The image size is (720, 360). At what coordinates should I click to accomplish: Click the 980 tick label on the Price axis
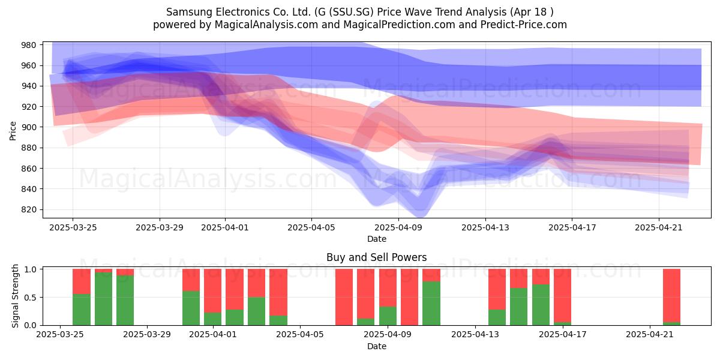pos(28,45)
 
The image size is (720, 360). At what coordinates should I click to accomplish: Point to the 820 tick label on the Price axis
pos(28,209)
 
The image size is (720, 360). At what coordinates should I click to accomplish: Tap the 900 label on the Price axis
pos(28,127)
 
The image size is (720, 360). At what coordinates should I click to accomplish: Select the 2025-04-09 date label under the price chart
pos(398,227)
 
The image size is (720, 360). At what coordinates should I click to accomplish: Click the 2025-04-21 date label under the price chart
pos(659,227)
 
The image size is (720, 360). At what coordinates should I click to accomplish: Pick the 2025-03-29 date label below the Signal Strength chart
pos(147,335)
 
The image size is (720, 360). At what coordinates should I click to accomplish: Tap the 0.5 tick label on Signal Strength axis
pos(30,298)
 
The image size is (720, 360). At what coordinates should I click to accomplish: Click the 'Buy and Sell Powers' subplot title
pos(376,257)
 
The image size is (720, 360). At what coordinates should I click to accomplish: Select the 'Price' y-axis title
pos(13,131)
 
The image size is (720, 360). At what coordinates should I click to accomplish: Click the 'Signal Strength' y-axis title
pos(15,296)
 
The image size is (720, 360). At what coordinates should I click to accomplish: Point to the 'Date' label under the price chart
pos(377,239)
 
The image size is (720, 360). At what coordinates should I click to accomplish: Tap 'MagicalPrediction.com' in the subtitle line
pos(399,25)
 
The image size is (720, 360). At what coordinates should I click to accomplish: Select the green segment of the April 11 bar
pos(431,304)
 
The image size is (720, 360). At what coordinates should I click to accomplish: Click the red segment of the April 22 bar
pos(671,295)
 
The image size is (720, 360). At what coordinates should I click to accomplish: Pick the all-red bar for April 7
pos(344,297)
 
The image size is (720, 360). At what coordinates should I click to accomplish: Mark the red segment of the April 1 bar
pos(212,290)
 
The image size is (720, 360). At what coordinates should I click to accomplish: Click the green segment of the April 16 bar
pos(541,305)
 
